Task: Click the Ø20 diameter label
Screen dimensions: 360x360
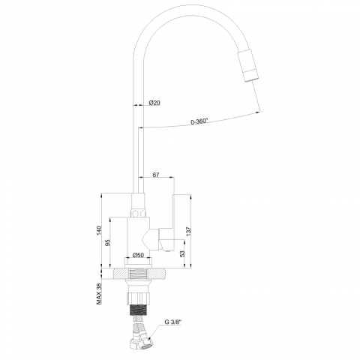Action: point(154,103)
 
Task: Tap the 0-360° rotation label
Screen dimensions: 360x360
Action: point(199,121)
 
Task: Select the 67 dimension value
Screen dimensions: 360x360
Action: point(156,175)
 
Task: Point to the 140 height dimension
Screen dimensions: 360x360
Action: point(99,230)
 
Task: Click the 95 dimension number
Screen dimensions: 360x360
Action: point(108,243)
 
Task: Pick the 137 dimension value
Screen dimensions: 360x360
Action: point(189,231)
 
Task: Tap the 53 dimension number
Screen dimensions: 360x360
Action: point(183,253)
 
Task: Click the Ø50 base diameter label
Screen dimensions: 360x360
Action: point(138,255)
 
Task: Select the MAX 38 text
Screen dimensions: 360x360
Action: point(99,294)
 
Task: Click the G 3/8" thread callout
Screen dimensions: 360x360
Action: point(172,322)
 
